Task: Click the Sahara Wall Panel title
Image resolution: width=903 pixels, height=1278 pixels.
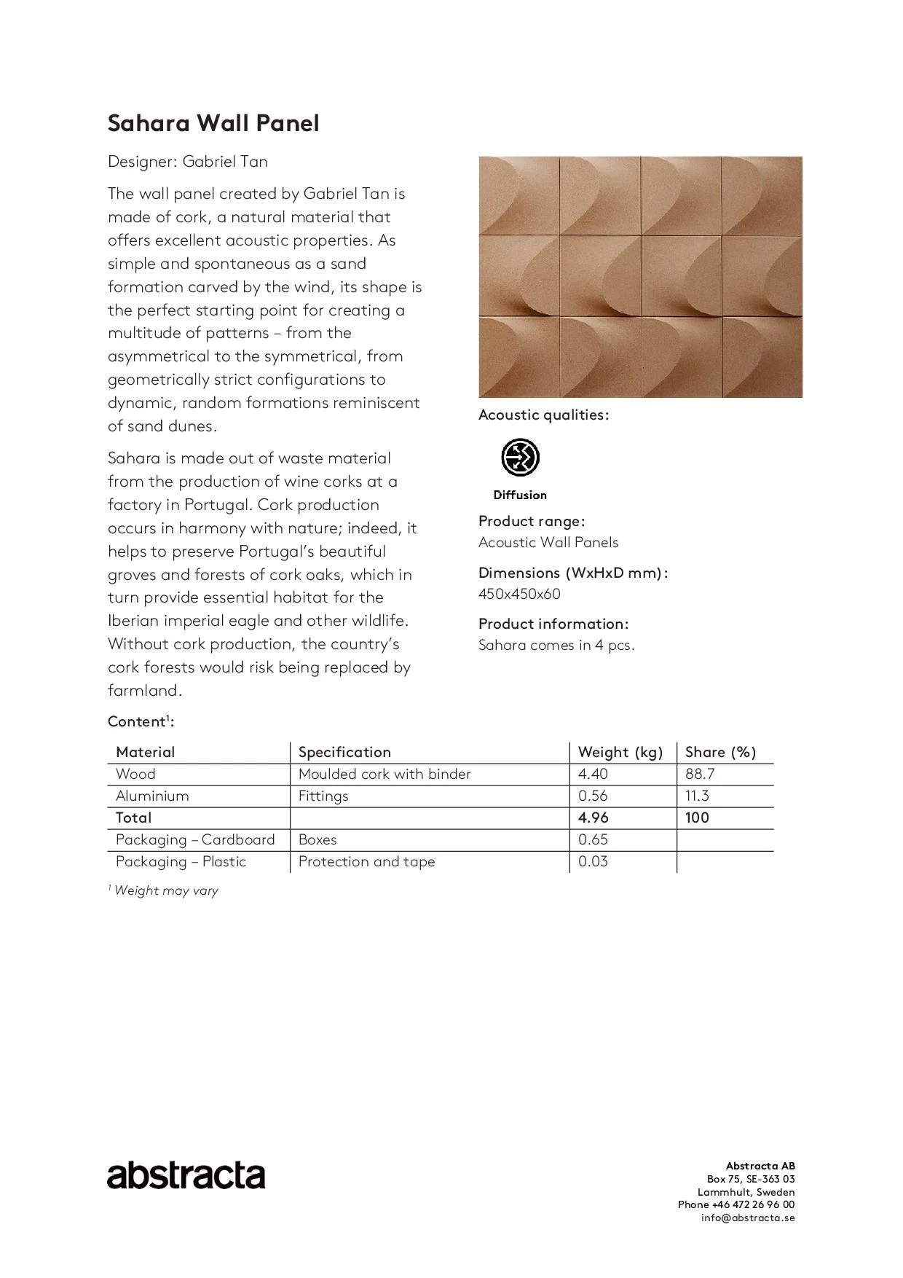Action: [213, 123]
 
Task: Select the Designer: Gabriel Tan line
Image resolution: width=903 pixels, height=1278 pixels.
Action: [188, 161]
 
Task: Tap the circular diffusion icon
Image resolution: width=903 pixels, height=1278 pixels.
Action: [520, 458]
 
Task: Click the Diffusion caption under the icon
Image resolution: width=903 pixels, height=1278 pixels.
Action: [520, 495]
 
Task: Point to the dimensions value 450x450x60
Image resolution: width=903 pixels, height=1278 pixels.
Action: [519, 594]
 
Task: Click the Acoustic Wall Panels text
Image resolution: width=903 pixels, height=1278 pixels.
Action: [548, 542]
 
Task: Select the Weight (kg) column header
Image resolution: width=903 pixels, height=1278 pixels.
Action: [620, 752]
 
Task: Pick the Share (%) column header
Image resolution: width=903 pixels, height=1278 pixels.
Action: [720, 752]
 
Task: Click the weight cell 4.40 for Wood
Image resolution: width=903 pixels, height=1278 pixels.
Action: [593, 774]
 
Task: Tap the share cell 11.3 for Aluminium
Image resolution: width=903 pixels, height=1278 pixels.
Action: [697, 796]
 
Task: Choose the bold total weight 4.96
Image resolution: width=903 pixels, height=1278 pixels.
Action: [594, 818]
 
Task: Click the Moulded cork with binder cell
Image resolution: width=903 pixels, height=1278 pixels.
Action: [385, 774]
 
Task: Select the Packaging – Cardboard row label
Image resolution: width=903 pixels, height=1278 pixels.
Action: [195, 839]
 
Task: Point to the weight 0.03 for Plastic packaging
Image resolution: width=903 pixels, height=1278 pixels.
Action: [593, 861]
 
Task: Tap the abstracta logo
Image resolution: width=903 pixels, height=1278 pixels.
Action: [186, 1175]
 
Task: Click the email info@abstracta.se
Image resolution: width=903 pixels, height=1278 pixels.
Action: [748, 1218]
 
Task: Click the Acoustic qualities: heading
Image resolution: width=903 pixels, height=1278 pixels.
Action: [543, 415]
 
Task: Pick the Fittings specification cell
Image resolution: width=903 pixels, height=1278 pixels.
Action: [323, 796]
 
